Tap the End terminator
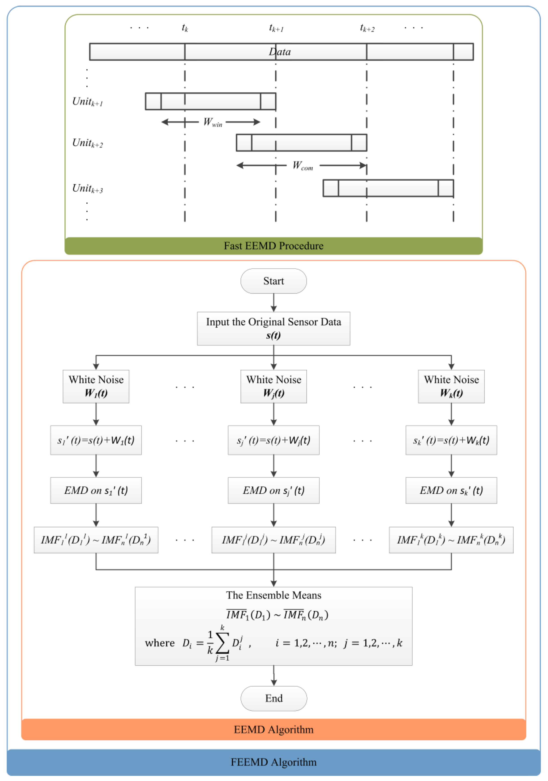point(274,698)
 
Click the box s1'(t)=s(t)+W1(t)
point(96,440)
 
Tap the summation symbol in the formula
point(222,643)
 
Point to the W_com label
point(303,166)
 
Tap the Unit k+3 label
point(87,189)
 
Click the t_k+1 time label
point(276,28)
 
